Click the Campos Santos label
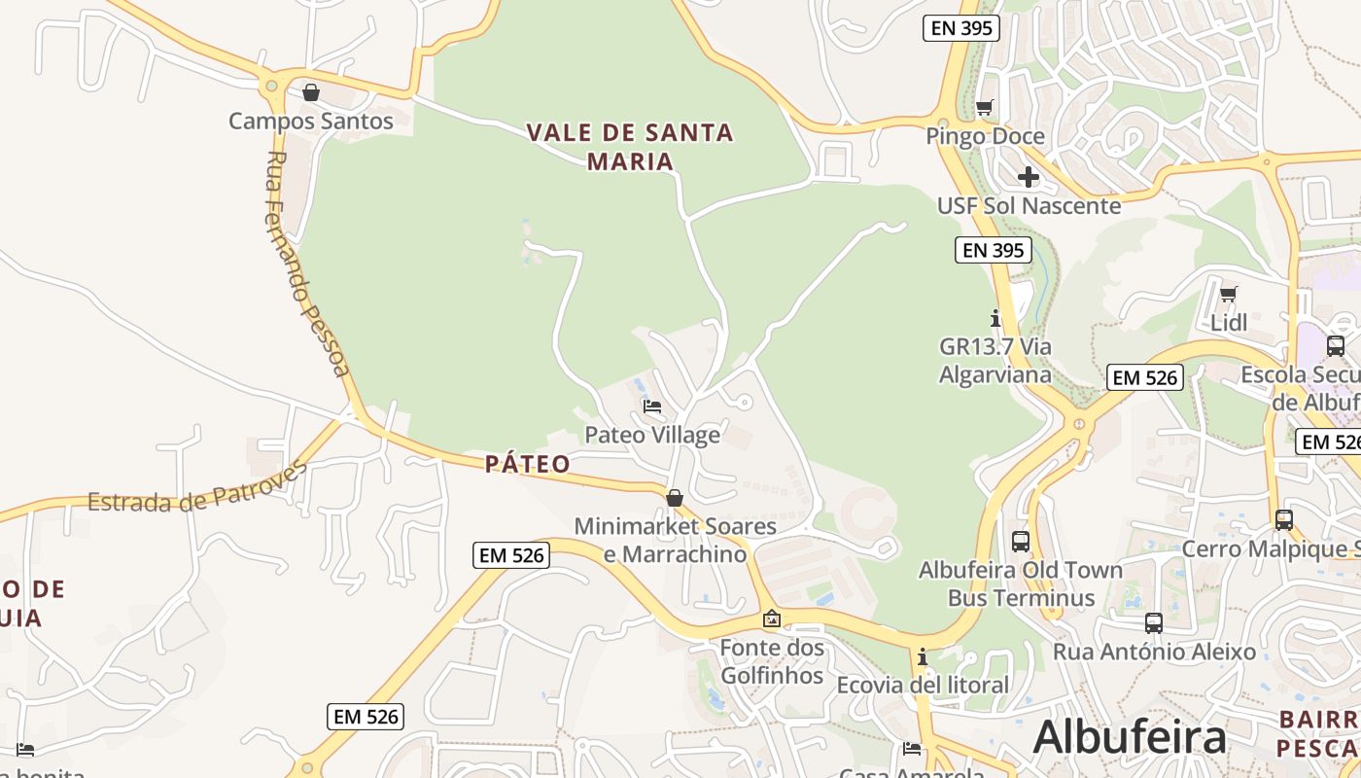(x=311, y=122)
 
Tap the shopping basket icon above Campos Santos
(x=311, y=92)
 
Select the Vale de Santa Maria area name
(x=630, y=146)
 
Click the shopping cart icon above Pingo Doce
(x=985, y=107)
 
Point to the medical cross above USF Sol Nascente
(x=1028, y=177)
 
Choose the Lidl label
(x=1229, y=322)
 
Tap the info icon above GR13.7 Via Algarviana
(x=995, y=318)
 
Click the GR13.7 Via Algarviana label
(x=995, y=360)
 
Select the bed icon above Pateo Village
(x=652, y=406)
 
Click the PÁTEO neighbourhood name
(x=528, y=464)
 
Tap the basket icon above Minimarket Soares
(x=675, y=498)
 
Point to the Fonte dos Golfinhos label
(x=772, y=661)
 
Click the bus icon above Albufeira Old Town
(x=1021, y=542)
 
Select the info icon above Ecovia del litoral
(x=923, y=657)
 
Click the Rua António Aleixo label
(x=1154, y=652)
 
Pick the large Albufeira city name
(x=1130, y=736)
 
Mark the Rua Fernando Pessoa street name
(x=306, y=263)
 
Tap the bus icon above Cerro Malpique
(x=1284, y=520)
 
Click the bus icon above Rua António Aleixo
(x=1154, y=623)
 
